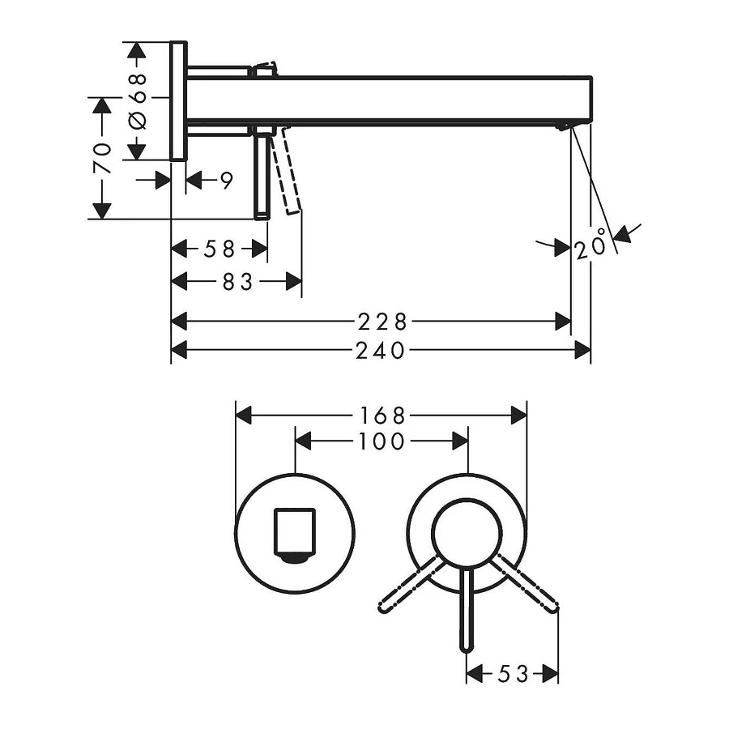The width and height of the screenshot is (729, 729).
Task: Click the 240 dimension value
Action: click(381, 351)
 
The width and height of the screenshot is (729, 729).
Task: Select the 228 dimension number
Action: click(382, 322)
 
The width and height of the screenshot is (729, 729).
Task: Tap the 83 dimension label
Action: click(237, 282)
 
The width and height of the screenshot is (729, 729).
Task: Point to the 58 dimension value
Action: click(220, 249)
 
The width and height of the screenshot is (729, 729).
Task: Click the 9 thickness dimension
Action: click(226, 180)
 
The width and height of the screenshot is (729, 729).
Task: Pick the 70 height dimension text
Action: click(103, 158)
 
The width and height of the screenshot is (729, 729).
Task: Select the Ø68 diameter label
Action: click(138, 101)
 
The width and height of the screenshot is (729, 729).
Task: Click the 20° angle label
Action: click(591, 245)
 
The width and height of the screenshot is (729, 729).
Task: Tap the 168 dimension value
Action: click(382, 416)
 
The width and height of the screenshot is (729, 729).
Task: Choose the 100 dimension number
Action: click(382, 441)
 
